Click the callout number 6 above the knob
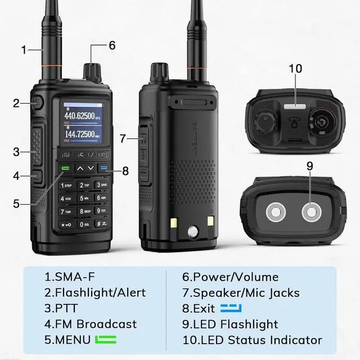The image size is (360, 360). (112, 46)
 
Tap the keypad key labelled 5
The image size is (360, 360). (84, 197)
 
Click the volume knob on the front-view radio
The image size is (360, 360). (91, 71)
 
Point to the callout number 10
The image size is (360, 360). (295, 69)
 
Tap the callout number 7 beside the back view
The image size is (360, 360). (123, 138)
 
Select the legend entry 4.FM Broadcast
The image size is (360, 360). (91, 324)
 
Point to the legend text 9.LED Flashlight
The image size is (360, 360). (230, 324)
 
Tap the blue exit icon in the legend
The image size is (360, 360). (231, 308)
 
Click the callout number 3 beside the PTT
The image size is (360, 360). (16, 151)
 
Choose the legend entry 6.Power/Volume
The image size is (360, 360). (230, 277)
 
